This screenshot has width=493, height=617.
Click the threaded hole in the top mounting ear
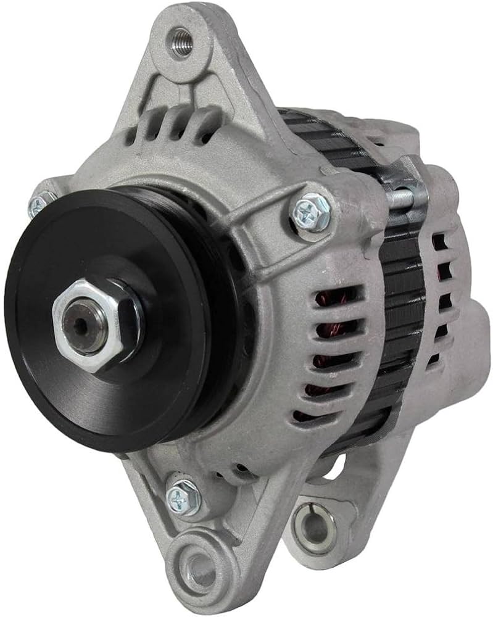coord(181,43)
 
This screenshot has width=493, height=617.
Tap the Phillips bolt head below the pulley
coord(184,496)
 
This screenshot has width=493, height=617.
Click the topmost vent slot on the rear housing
coord(439,241)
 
